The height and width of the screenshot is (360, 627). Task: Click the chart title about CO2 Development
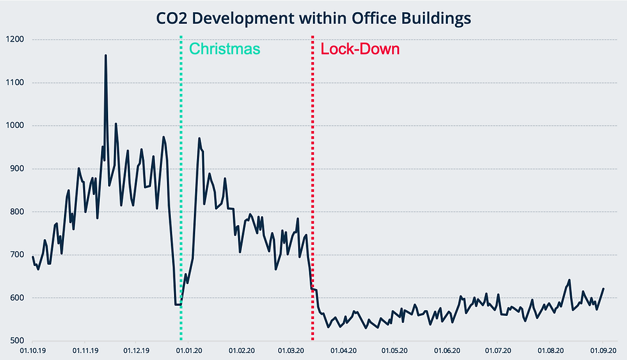click(x=313, y=19)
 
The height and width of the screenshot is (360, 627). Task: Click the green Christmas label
click(x=225, y=49)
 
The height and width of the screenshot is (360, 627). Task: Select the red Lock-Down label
click(x=360, y=49)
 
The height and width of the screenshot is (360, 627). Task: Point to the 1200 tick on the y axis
click(x=15, y=40)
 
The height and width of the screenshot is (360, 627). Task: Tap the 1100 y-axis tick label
click(x=15, y=82)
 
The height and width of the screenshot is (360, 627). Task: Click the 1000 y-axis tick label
click(x=15, y=126)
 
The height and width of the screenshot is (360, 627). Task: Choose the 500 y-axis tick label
click(x=17, y=341)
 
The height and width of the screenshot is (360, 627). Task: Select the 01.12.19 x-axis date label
click(x=137, y=350)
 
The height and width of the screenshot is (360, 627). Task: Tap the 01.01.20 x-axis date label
click(x=189, y=350)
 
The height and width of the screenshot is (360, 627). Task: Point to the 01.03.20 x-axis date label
click(x=291, y=350)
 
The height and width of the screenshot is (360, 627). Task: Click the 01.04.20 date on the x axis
click(x=343, y=350)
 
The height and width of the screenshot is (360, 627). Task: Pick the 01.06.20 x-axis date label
click(x=447, y=350)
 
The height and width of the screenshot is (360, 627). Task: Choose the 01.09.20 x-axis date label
click(x=603, y=350)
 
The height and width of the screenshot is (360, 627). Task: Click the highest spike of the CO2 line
click(x=106, y=56)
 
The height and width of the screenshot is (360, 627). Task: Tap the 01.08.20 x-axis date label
click(x=551, y=350)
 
